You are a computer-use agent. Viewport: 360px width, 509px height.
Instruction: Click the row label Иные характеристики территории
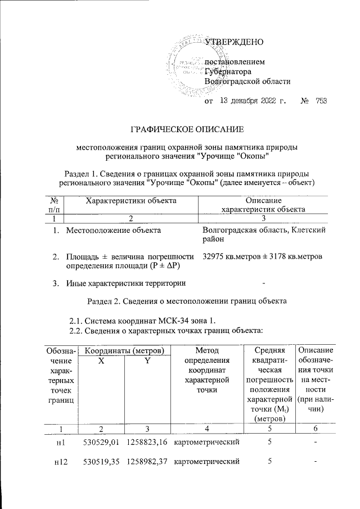pos(126,282)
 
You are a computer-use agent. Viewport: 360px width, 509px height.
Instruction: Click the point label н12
pos(61,462)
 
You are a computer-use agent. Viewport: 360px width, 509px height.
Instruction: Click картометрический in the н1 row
pos(208,443)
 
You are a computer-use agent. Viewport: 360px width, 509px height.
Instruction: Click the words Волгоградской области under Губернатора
pos(247,81)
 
